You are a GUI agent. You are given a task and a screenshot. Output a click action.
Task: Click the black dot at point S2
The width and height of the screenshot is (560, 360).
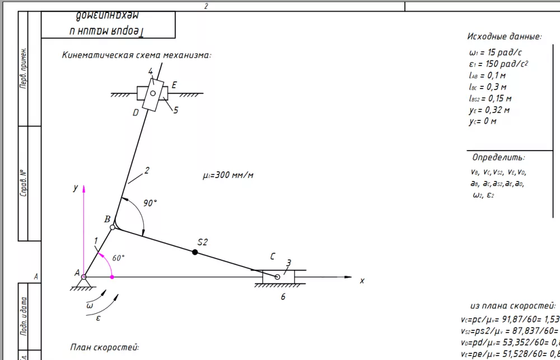tap(195, 253)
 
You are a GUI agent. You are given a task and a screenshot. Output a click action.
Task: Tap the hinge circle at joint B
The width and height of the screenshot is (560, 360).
tap(113, 227)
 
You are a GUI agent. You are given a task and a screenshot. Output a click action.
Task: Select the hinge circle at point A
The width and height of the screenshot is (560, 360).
tap(83, 277)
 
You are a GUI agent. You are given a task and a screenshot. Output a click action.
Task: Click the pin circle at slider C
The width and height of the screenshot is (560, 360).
tap(277, 277)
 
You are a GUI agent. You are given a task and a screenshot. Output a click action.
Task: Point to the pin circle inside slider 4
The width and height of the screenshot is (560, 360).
tap(152, 93)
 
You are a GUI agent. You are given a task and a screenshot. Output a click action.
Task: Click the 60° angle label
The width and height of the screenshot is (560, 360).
tap(118, 258)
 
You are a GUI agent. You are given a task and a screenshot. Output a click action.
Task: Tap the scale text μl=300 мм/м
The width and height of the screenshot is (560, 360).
tap(228, 175)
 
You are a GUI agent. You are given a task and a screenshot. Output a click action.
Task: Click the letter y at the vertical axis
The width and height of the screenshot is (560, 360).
tap(75, 189)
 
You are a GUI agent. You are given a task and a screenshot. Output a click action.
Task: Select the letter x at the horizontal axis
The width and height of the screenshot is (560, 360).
tap(362, 280)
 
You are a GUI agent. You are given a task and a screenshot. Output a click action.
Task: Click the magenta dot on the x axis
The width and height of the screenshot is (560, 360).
tap(112, 277)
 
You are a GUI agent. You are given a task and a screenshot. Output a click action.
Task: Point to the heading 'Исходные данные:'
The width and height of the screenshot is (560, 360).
tap(504, 36)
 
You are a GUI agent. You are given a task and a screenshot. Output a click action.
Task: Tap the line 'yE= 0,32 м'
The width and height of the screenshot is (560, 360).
tap(489, 110)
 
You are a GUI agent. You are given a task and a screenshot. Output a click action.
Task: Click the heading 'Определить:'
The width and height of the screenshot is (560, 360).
tap(498, 157)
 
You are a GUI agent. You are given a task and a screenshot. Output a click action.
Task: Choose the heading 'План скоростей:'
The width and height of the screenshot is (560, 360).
tap(105, 347)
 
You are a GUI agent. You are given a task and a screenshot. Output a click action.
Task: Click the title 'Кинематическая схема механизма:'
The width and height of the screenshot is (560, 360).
tap(137, 55)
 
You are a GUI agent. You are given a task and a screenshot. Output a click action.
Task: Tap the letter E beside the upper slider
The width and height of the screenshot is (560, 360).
tap(174, 85)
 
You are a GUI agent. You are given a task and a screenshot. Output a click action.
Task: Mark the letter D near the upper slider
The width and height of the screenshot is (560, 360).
tap(136, 113)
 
